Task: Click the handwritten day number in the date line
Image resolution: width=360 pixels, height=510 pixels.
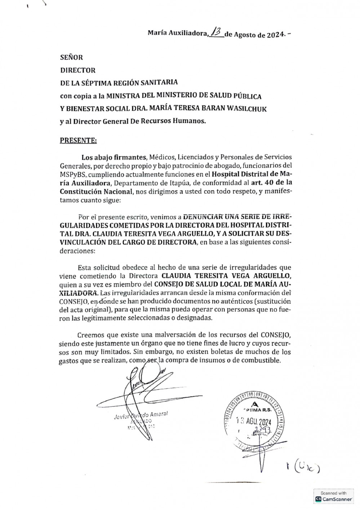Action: tap(216, 33)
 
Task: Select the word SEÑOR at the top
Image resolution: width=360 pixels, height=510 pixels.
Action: tap(71, 57)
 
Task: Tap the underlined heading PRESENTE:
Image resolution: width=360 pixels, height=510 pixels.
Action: tap(78, 140)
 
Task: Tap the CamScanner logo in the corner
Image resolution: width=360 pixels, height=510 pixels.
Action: tap(333, 499)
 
